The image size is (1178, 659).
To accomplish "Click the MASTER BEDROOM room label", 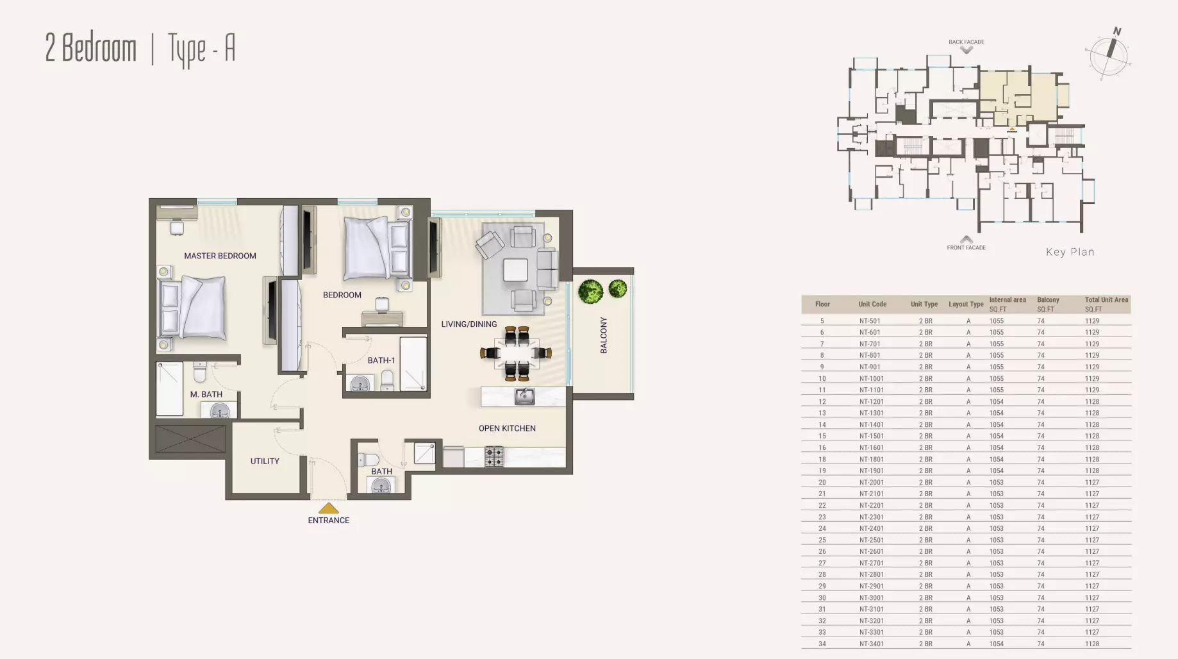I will point(220,256).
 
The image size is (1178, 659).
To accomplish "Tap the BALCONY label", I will point(604,335).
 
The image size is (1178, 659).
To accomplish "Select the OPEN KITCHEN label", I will point(507,428).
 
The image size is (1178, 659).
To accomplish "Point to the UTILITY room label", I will point(265,461).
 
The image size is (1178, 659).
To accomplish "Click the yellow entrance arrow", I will point(329,508).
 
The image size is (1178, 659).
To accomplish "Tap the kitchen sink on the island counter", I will point(525,396).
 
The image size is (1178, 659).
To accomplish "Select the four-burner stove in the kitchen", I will point(494,456).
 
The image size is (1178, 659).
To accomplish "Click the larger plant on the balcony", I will point(591,292).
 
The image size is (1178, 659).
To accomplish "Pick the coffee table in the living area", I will point(515,270).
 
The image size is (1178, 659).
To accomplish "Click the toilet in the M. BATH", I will point(199,372).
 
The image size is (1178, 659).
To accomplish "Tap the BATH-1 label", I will point(381,360).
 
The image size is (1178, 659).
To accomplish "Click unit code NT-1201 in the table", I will point(870,402).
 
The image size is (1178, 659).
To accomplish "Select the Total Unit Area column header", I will point(1106,300).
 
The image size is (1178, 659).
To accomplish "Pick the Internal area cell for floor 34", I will point(996,644).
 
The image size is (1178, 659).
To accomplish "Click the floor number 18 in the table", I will point(822,460).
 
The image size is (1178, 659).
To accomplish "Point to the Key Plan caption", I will point(1070,252).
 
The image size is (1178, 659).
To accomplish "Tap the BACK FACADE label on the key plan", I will point(966,42).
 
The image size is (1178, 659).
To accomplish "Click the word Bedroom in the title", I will point(99,49).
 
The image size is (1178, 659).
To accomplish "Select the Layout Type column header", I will point(966,304).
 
